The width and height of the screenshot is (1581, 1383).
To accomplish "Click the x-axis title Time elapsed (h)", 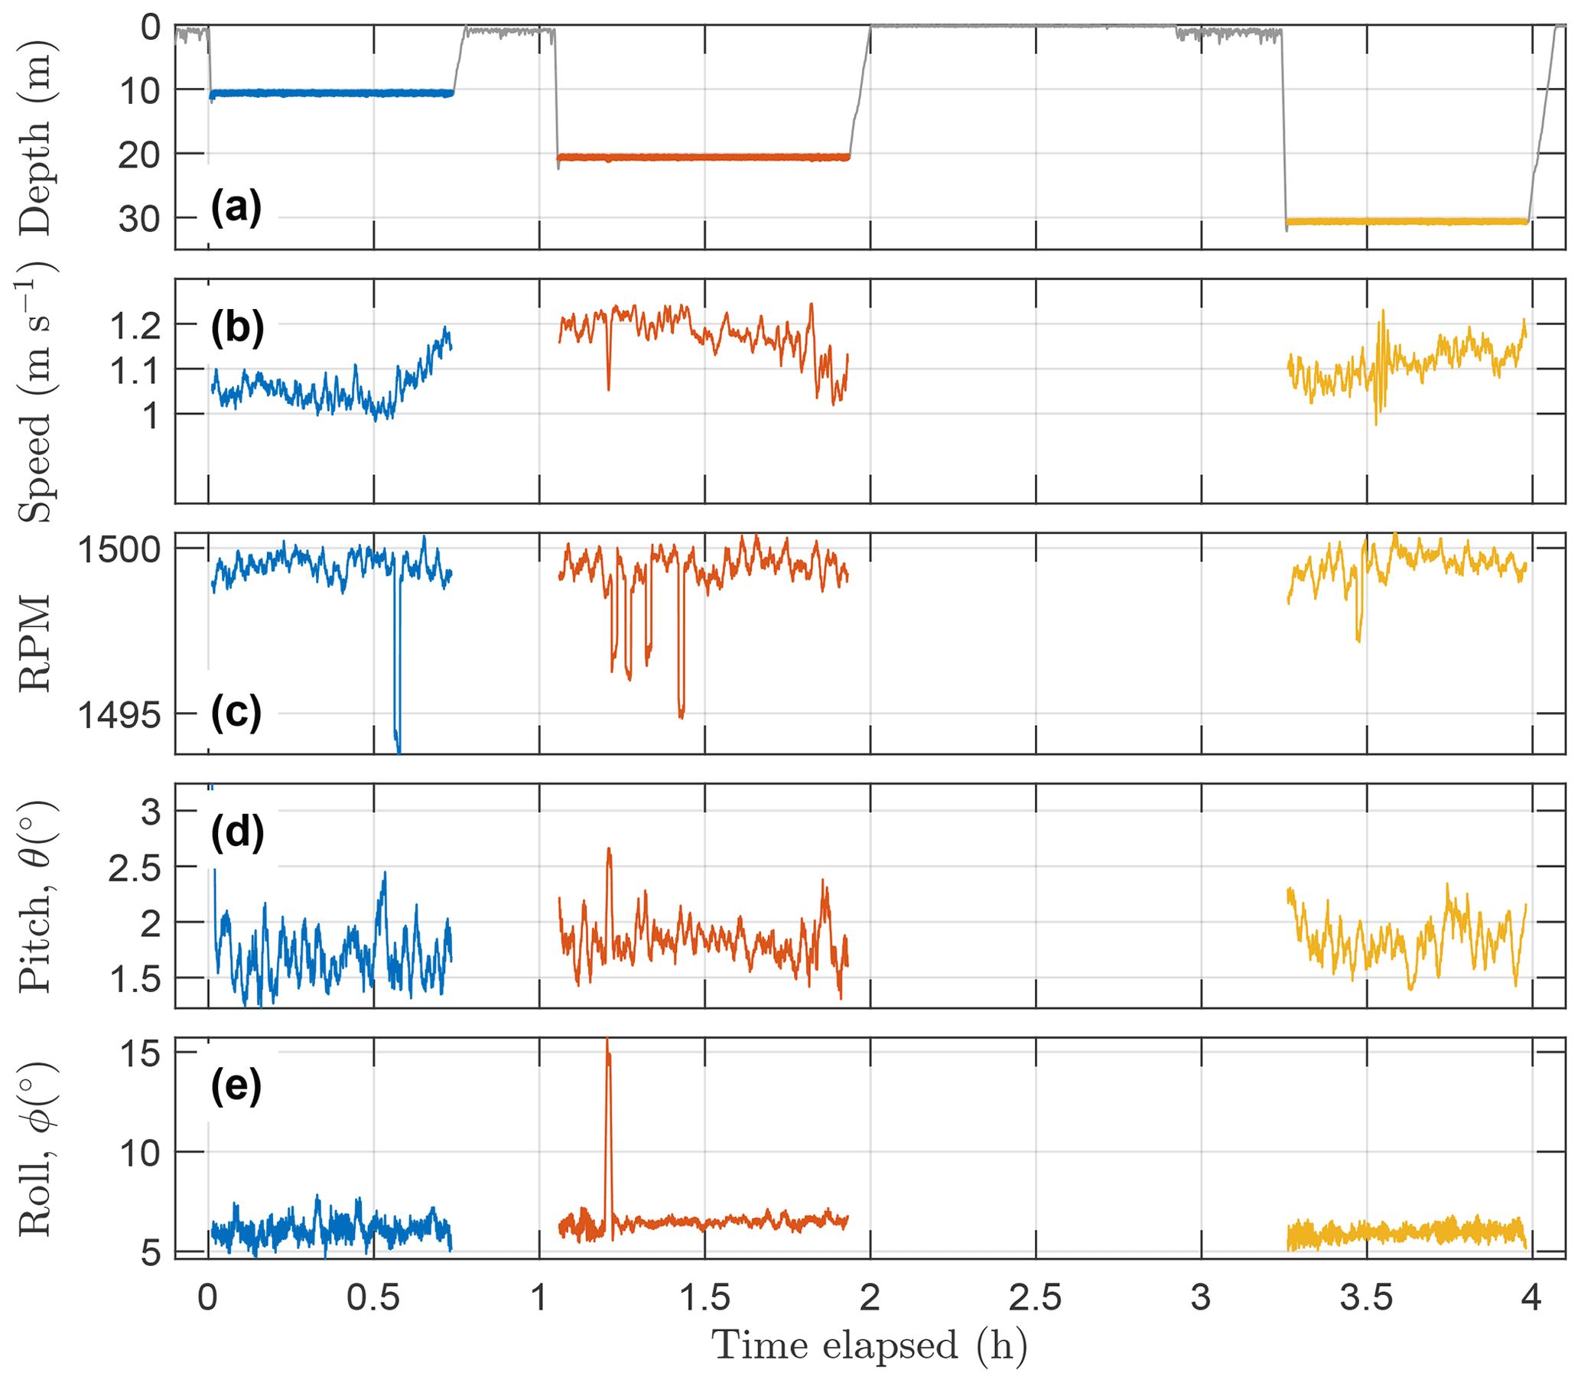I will [x=870, y=1346].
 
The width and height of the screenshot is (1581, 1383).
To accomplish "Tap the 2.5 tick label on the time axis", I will [x=1036, y=1298].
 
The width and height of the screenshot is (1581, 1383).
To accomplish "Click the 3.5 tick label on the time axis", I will [x=1367, y=1298].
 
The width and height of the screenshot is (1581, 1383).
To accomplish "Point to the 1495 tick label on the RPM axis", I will [x=119, y=715].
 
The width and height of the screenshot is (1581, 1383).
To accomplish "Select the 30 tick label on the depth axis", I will [x=140, y=220].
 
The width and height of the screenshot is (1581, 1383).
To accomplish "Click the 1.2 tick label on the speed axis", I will [x=135, y=327].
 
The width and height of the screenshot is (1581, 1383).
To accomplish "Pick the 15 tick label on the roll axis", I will [x=142, y=1053].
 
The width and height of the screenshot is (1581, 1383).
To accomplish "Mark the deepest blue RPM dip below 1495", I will [x=399, y=747].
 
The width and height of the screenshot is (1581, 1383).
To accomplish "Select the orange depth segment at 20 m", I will [x=702, y=158].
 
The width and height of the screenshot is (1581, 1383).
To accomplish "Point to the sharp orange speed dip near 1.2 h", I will [x=608, y=388].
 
